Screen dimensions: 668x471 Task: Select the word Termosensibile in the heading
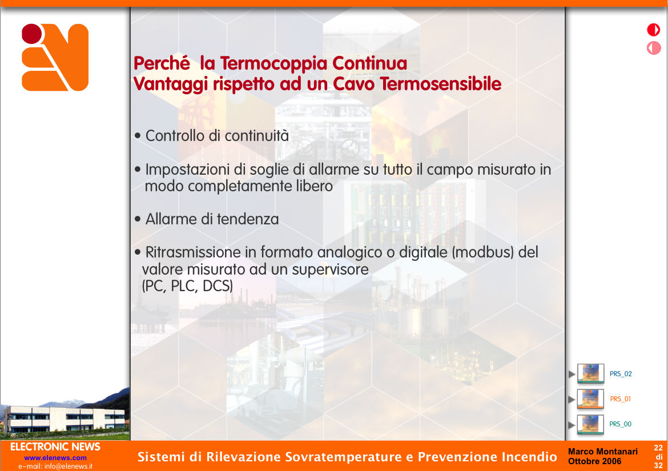(x=441, y=84)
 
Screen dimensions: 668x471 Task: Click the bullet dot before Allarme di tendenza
(x=138, y=219)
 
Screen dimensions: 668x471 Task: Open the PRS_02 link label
(x=621, y=374)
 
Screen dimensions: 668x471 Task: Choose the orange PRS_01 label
(x=620, y=399)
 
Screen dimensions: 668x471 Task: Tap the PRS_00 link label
(x=620, y=424)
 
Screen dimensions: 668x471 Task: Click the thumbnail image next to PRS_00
(x=590, y=424)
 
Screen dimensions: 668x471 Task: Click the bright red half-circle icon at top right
(x=654, y=30)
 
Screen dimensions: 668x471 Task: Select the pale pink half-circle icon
(x=654, y=48)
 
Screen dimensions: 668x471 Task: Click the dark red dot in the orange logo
(x=32, y=34)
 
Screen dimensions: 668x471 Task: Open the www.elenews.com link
(x=55, y=458)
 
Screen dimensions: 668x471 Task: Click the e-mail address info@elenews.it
(x=68, y=466)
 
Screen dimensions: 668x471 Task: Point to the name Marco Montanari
(x=603, y=452)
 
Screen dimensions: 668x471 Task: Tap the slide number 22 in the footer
(x=658, y=448)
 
